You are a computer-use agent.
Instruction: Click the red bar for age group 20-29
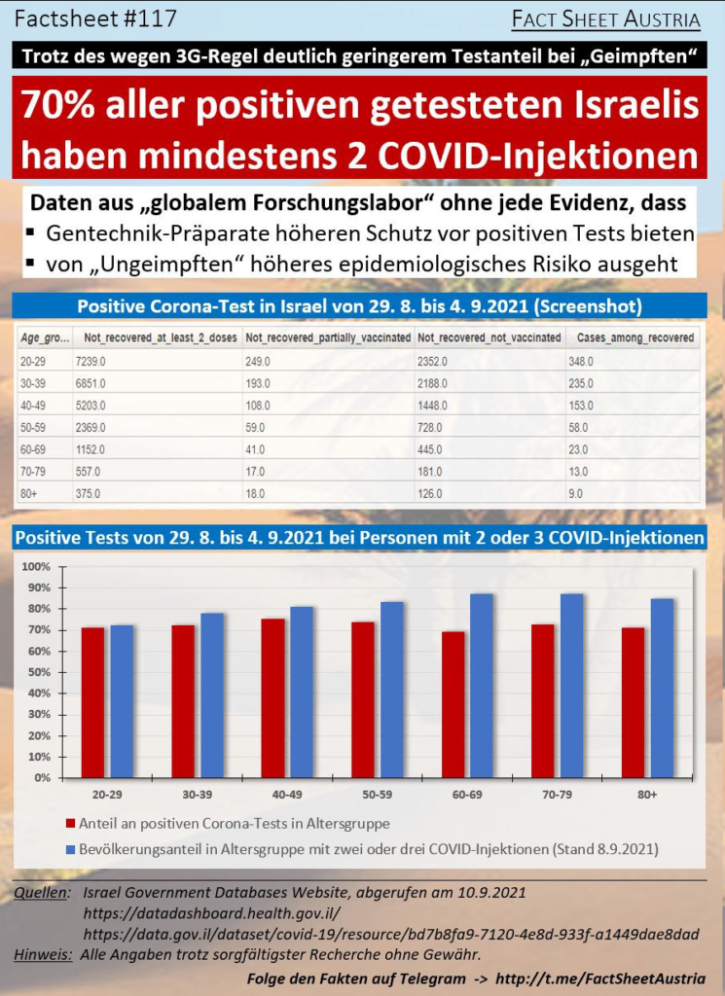tap(92, 702)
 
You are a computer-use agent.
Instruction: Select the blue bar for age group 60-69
tap(481, 686)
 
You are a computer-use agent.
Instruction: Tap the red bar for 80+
tap(633, 702)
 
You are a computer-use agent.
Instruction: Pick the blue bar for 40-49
tap(301, 692)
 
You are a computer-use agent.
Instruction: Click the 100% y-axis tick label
tap(36, 567)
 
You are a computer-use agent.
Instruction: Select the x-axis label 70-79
tap(557, 795)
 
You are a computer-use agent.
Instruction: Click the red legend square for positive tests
tap(70, 824)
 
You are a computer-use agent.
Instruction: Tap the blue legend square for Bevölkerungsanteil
tap(70, 849)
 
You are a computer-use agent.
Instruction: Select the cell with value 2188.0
tap(432, 383)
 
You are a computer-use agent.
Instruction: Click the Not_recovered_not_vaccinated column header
tap(489, 338)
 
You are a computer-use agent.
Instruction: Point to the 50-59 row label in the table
tap(32, 428)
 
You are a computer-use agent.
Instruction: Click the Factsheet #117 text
tap(95, 19)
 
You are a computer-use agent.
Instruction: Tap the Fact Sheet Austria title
tap(606, 19)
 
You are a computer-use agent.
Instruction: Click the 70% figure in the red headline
tap(57, 105)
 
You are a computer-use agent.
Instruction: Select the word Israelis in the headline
tap(643, 105)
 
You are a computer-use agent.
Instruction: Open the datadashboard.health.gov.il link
tap(211, 913)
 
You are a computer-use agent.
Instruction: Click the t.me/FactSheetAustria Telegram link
tap(600, 978)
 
